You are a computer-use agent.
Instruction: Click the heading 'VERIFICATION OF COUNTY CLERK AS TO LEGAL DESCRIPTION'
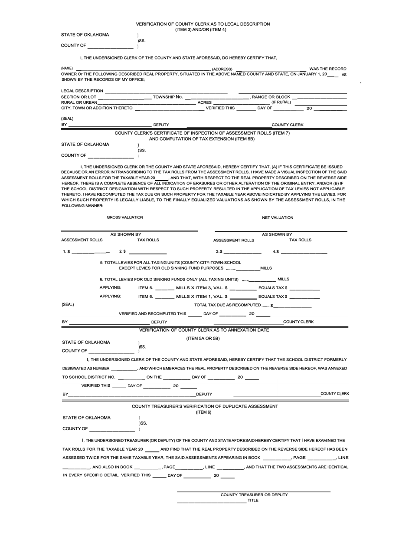pos(203,24)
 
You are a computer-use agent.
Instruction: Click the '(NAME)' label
pos(67,69)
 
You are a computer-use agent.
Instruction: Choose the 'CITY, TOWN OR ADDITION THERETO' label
pos(97,108)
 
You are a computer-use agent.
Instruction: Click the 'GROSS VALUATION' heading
pos(125,217)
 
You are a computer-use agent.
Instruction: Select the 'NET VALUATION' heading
pos(278,218)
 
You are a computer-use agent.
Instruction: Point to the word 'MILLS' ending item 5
pos(266,268)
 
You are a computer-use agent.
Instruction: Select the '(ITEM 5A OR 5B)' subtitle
pos(203,338)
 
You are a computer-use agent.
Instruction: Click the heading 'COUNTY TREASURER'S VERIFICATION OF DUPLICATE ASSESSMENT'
pos(205,406)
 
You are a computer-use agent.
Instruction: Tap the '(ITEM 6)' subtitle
pos(203,412)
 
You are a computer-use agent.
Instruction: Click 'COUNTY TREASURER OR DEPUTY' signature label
pos(254,495)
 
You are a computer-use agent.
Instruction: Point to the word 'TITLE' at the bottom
pos(253,501)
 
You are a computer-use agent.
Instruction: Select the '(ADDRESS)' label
pos(222,69)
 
